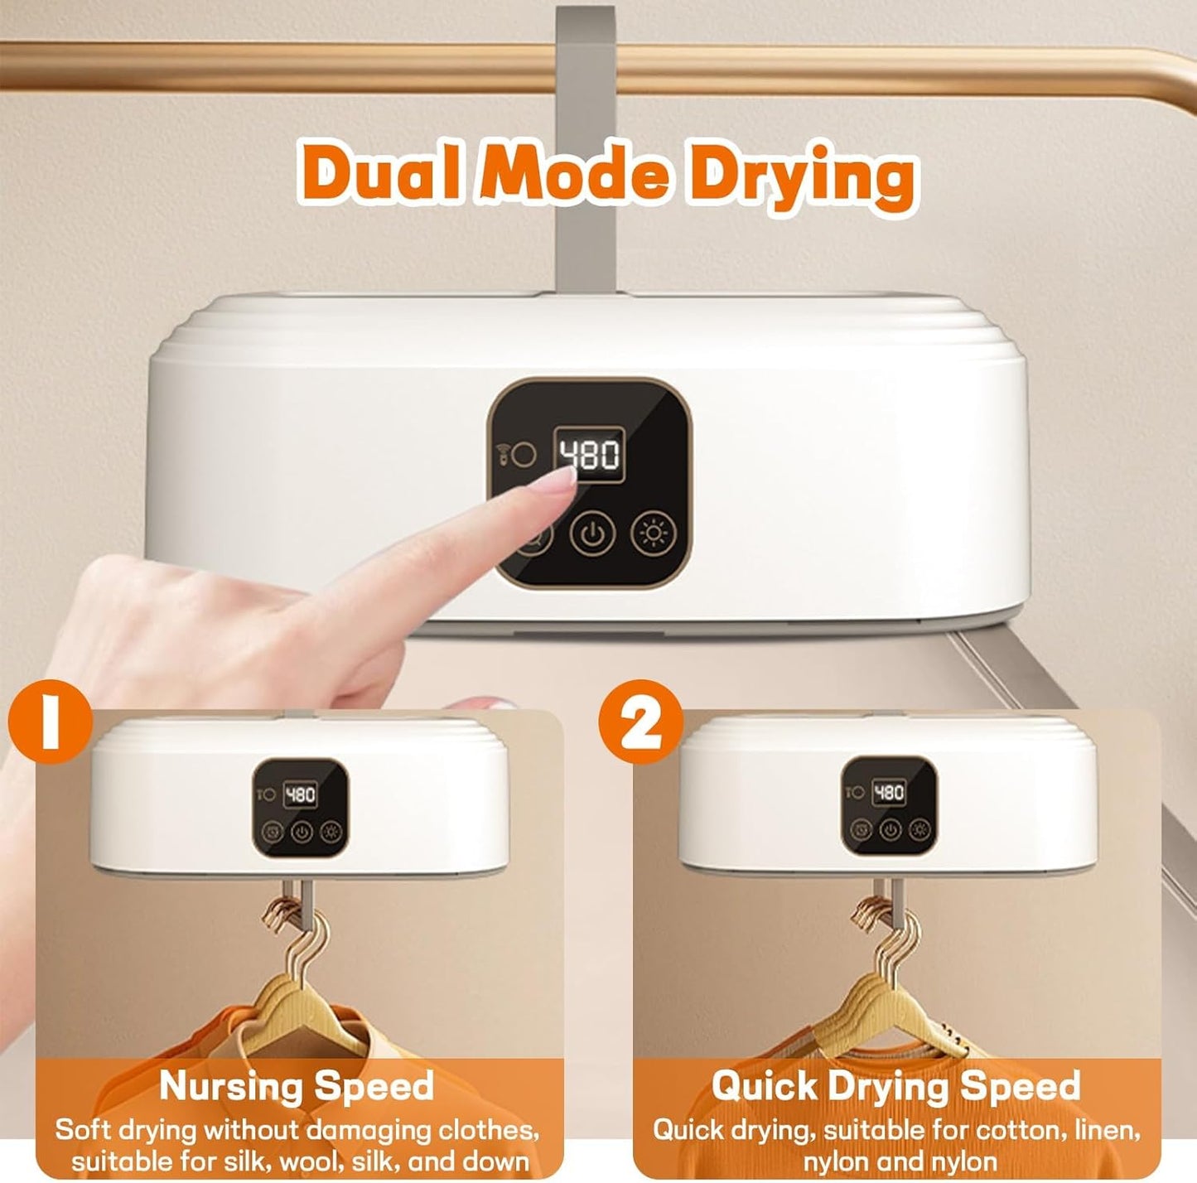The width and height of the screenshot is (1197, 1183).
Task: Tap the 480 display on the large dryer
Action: point(589,454)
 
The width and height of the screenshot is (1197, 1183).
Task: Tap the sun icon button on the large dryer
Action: point(654,533)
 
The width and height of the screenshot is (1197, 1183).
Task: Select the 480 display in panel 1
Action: point(300,794)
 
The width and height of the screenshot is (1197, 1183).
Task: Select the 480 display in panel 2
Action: point(889,793)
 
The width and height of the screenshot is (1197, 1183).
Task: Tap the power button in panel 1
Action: point(302,831)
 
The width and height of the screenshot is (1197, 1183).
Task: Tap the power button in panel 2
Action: point(891,828)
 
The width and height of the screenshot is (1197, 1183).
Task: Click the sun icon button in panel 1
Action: point(331,831)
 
